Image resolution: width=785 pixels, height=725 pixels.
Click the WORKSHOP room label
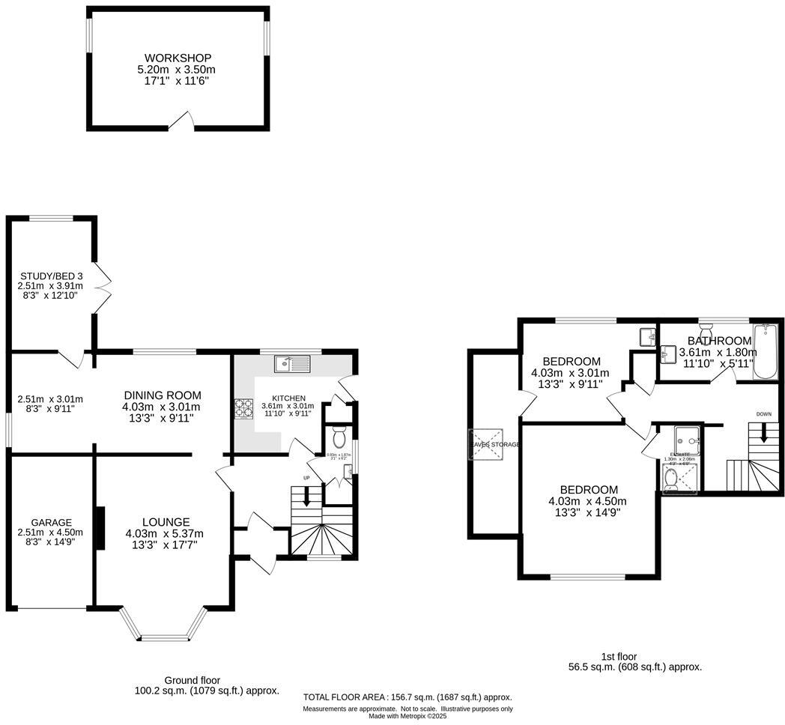[178, 58]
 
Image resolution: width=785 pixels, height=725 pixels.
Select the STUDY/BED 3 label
[52, 276]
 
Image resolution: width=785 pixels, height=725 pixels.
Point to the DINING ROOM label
[163, 395]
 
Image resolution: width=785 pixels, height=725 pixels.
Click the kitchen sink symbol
[291, 364]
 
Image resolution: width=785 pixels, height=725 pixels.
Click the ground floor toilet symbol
[338, 436]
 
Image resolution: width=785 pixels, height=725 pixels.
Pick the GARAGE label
[52, 522]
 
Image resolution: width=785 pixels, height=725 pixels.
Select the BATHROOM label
[719, 341]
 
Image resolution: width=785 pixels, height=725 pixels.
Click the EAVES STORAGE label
[494, 444]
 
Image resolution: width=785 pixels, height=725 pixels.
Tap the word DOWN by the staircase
[763, 414]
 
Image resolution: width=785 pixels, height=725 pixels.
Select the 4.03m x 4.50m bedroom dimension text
[587, 502]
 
